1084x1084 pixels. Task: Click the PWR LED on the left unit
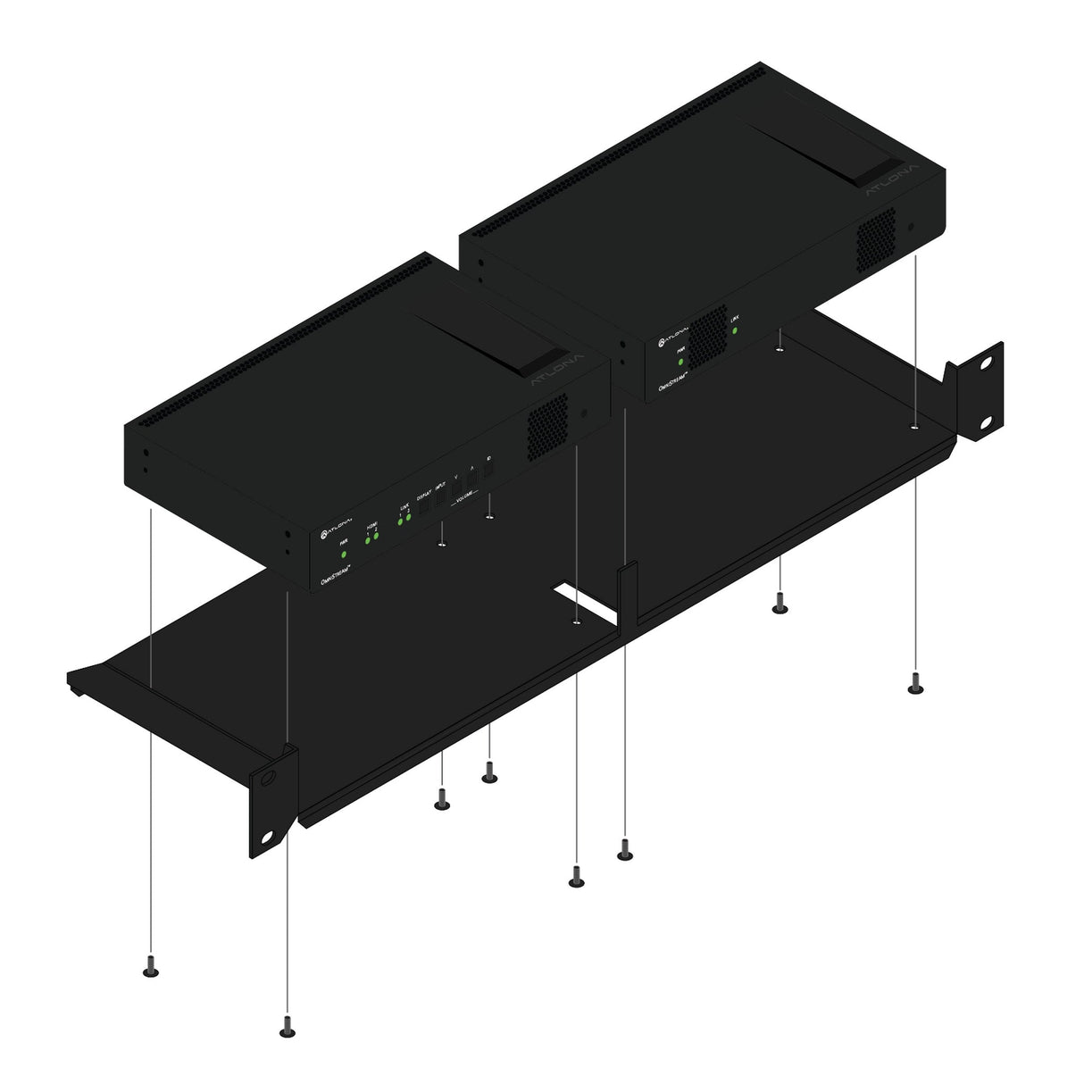pos(344,555)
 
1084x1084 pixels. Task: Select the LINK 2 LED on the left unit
pos(408,517)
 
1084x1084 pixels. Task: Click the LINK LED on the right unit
pos(735,330)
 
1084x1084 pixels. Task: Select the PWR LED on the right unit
pos(680,362)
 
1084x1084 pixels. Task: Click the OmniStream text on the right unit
pos(678,379)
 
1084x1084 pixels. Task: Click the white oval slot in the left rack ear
pos(269,837)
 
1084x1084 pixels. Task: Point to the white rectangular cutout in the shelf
pos(584,603)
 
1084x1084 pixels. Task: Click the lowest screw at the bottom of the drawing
pos(287,1030)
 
